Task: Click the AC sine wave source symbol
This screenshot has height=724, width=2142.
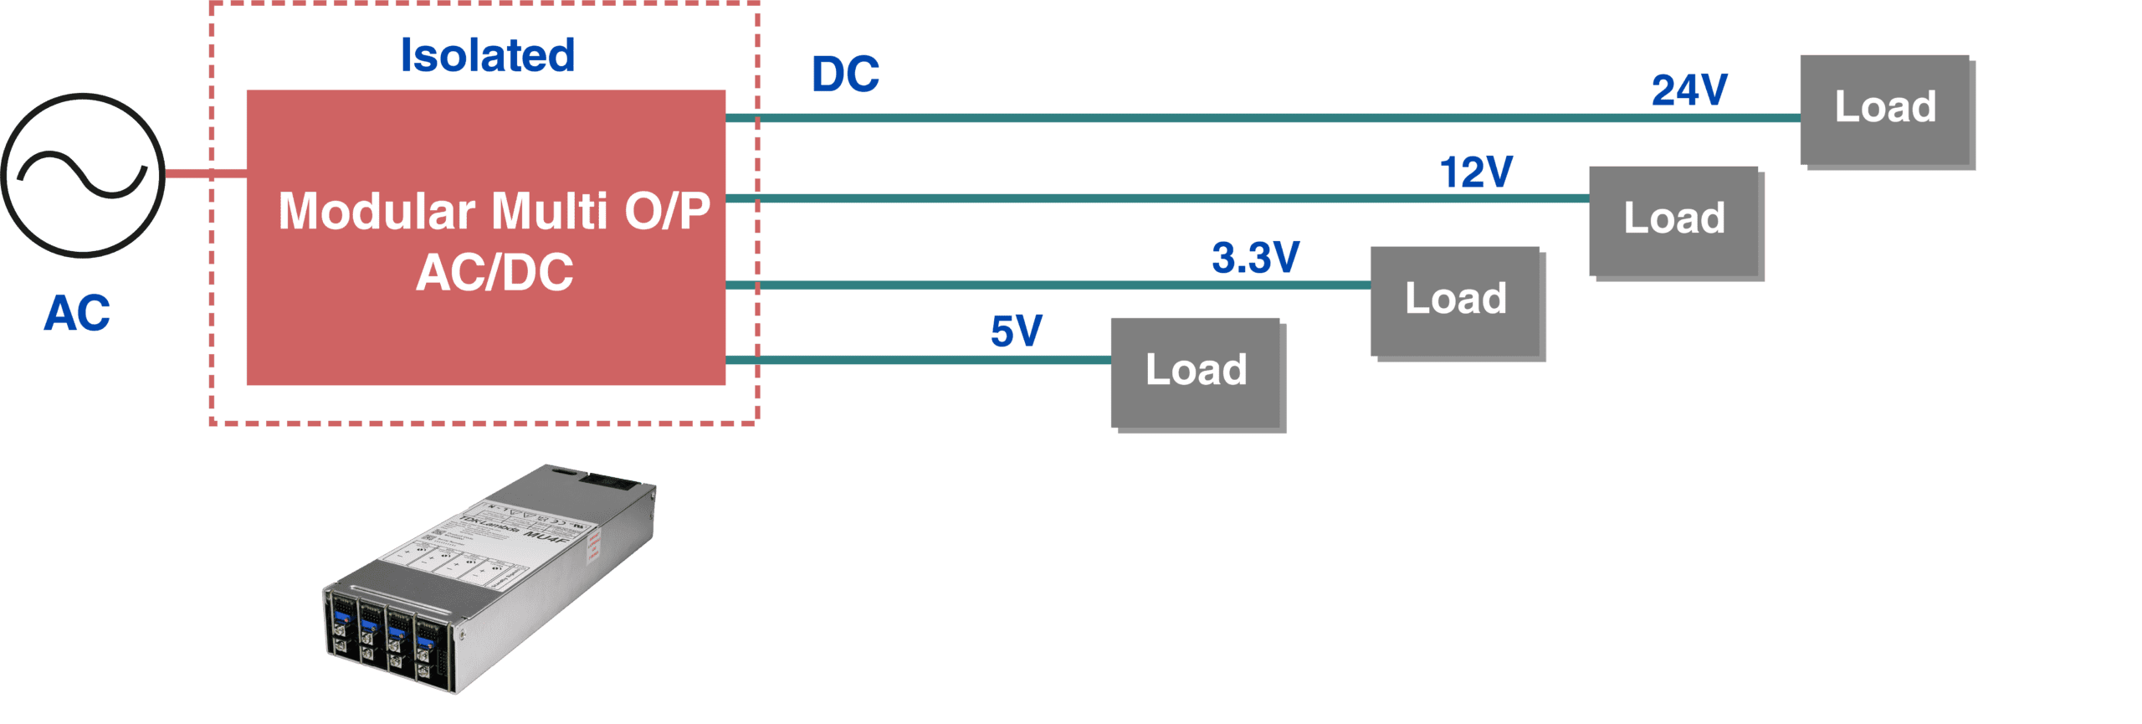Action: click(83, 175)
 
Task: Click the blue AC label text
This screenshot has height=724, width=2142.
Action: click(77, 314)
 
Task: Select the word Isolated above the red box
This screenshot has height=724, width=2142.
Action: click(488, 56)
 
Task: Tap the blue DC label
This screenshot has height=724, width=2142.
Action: click(845, 74)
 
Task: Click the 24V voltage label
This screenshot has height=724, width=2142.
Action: click(1688, 90)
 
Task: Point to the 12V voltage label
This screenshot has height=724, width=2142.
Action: click(1476, 172)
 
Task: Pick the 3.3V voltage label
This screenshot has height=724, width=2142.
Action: click(1255, 257)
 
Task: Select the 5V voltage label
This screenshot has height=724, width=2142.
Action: click(1016, 331)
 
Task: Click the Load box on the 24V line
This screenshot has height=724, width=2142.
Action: click(1885, 110)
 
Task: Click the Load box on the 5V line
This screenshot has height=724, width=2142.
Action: click(1196, 372)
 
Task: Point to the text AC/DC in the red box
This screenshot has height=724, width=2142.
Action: click(495, 272)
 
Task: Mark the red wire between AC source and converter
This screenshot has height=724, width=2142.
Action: click(205, 174)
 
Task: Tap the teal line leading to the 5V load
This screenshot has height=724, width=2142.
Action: click(920, 360)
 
